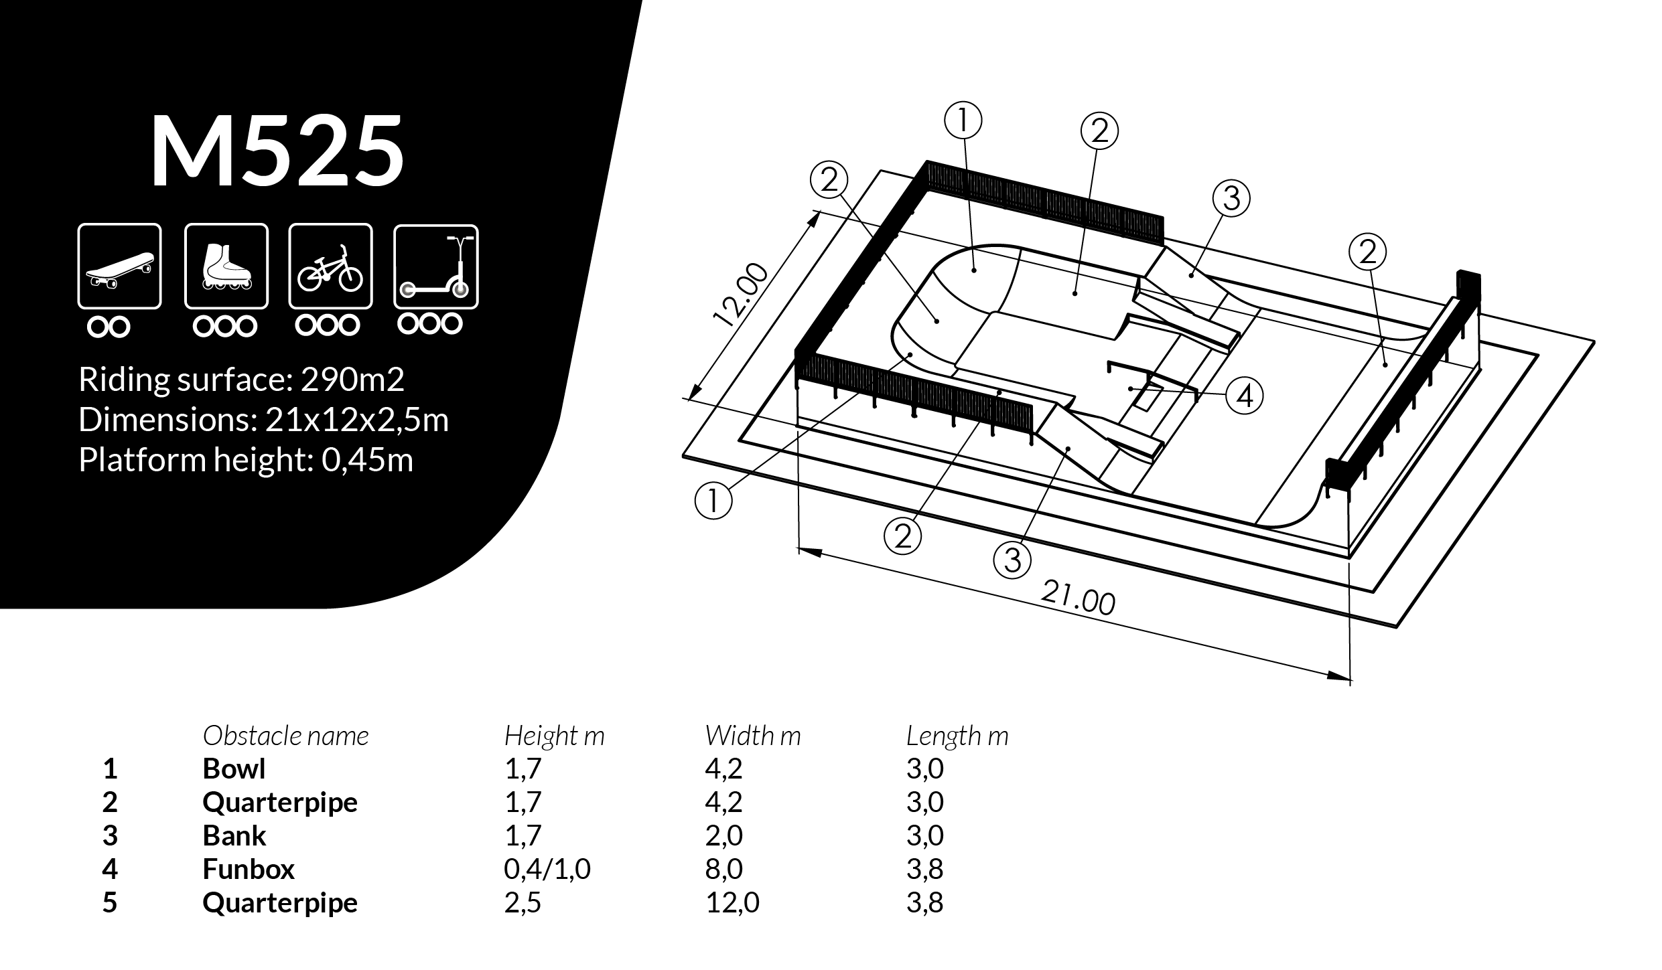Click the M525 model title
[277, 152]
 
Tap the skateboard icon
[120, 266]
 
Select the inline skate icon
[226, 266]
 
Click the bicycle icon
[330, 266]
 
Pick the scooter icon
[436, 266]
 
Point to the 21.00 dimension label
[1078, 598]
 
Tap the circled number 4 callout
[1244, 396]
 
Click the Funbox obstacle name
[249, 870]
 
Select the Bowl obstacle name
[234, 769]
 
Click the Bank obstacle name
[234, 836]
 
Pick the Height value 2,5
[523, 903]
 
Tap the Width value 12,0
[732, 903]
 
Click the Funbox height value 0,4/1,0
[547, 870]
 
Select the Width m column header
[752, 736]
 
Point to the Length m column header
[957, 736]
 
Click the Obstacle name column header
[285, 736]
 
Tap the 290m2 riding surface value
[352, 380]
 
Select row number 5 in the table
[110, 903]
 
